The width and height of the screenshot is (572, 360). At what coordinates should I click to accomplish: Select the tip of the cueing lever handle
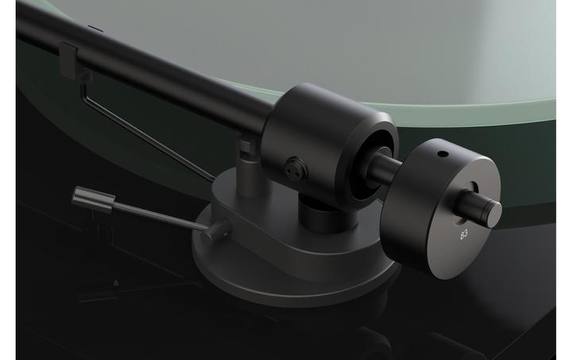[x=80, y=193]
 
